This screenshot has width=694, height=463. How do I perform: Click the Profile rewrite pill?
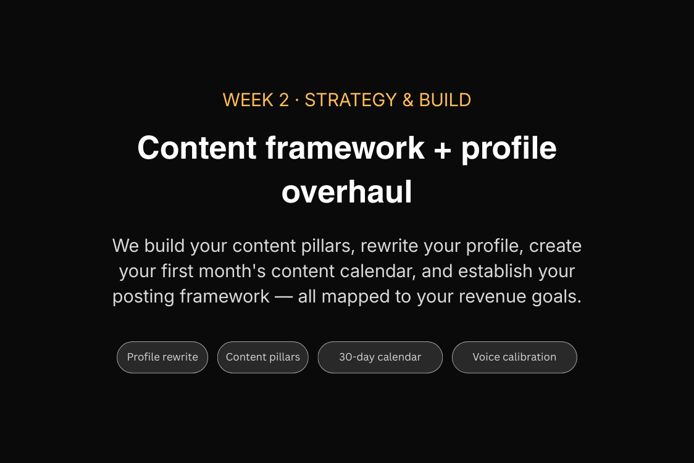click(162, 357)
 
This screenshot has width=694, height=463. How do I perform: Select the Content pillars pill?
click(263, 357)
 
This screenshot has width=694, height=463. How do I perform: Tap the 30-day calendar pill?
click(380, 357)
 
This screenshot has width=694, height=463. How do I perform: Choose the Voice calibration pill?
click(514, 357)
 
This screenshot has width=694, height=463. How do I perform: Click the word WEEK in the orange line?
click(248, 100)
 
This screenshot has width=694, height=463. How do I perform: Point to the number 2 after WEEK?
click(283, 100)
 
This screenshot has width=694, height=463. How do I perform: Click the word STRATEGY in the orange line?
click(351, 100)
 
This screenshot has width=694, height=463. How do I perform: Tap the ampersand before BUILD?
click(408, 100)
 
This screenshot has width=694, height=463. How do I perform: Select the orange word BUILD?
click(445, 100)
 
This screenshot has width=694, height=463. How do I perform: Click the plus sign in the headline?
click(443, 149)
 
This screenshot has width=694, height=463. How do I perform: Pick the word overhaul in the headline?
click(347, 192)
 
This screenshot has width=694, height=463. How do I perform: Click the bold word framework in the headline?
click(345, 148)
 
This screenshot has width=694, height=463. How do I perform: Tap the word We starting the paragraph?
click(126, 246)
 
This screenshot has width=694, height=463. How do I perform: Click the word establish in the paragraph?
click(495, 271)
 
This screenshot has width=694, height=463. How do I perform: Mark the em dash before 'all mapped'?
click(283, 297)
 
